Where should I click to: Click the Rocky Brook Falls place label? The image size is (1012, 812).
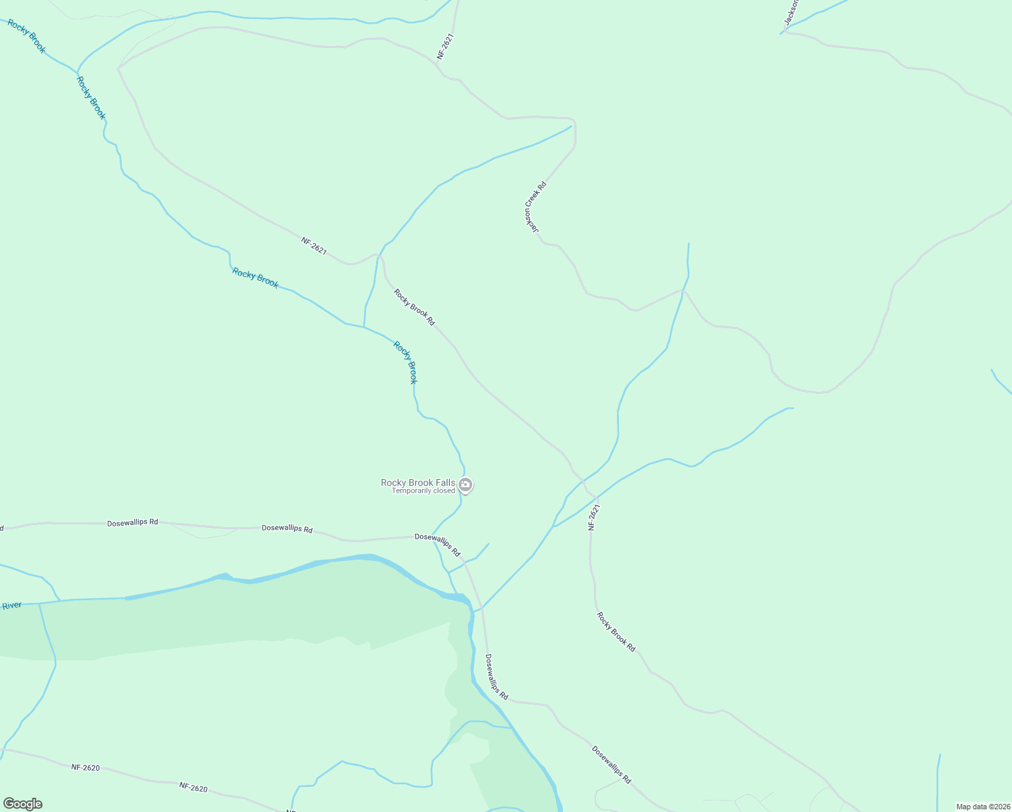point(417,482)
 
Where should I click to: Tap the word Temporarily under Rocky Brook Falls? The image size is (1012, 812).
point(412,491)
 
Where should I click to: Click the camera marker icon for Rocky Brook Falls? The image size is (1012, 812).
point(465,484)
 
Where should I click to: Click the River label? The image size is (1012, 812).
point(11,606)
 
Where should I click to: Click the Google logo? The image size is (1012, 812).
point(22,804)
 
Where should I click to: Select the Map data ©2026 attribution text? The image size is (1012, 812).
point(982,807)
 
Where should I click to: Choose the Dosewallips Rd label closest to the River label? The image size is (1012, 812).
point(133,522)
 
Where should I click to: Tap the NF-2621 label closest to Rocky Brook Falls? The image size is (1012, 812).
point(594,516)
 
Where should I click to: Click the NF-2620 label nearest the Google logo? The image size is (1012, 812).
point(86,767)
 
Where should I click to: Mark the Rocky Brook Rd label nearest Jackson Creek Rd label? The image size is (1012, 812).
point(414,307)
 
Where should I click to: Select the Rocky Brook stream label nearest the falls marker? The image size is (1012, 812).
point(405,363)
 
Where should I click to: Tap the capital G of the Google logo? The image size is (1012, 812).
point(9,804)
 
